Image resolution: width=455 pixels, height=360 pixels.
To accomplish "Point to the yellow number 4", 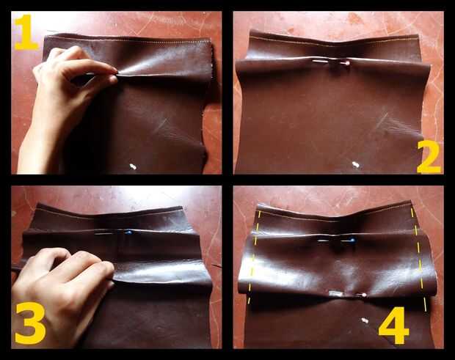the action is pos(394,326).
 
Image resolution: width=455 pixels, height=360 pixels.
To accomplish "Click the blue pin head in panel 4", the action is pos(352,240).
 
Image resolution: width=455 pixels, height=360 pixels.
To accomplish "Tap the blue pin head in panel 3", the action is pos(128,232).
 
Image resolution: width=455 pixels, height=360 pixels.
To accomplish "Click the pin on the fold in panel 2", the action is pos(331,62).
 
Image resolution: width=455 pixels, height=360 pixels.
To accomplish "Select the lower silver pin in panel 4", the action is pos(347,295).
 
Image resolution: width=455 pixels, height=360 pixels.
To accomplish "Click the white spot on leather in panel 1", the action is pos(133,166).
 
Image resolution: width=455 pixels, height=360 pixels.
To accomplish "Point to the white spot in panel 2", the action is pos(356,165).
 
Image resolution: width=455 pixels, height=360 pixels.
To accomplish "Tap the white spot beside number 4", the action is pos(365,320).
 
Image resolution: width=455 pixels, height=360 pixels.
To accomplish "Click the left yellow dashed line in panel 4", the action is pos(255,257).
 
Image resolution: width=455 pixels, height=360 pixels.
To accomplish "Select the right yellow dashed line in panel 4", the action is pos(419,260).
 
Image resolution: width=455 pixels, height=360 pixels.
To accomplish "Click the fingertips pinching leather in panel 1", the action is pos(112,75).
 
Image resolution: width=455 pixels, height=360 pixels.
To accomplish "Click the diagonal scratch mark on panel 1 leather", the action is pos(161,124).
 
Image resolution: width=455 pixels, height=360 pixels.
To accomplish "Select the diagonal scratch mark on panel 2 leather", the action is pos(382,120).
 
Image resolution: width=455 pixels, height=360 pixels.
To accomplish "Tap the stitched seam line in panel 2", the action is pos(334,42).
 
